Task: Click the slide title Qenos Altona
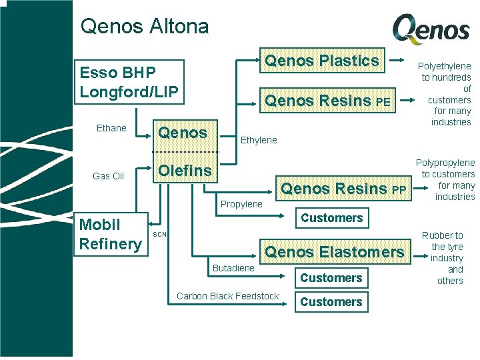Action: (x=144, y=27)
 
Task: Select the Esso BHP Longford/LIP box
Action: (x=129, y=82)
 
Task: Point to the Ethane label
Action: (x=111, y=128)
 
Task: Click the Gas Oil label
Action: (x=109, y=176)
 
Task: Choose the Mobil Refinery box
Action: (x=110, y=234)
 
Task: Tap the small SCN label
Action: (x=160, y=235)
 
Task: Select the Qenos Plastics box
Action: (x=322, y=61)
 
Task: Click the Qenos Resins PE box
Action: (x=327, y=101)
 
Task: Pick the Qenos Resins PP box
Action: (x=343, y=189)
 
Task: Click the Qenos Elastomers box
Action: (x=335, y=252)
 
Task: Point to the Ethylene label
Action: (x=258, y=140)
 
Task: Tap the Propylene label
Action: (x=241, y=204)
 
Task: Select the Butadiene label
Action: (x=233, y=267)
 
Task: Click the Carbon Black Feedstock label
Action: (x=227, y=296)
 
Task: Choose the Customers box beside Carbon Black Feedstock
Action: (x=331, y=302)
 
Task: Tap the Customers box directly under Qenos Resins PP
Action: (x=331, y=218)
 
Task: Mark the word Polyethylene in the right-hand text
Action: (x=444, y=66)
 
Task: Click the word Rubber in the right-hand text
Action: (x=436, y=235)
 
